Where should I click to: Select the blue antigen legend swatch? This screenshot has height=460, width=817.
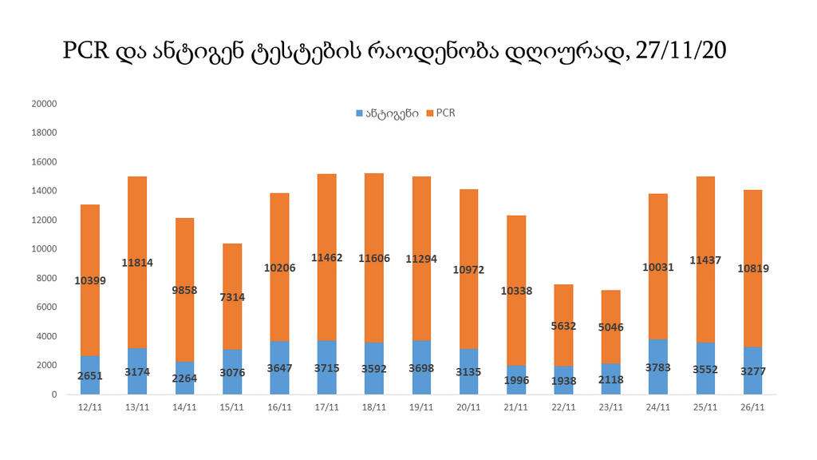359,113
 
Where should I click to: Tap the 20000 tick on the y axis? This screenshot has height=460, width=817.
44,104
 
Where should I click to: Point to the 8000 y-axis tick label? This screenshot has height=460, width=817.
46,278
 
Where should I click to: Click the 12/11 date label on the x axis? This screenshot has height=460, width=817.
90,407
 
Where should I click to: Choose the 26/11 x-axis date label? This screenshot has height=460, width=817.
752,407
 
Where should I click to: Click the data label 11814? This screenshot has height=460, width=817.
137,263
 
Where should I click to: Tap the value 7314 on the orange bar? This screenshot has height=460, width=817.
232,297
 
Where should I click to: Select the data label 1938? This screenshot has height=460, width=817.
563,380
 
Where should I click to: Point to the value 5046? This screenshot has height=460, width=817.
610,327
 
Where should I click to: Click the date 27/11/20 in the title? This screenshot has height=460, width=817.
681,51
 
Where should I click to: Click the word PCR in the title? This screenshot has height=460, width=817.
85,51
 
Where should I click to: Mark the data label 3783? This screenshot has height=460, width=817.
658,368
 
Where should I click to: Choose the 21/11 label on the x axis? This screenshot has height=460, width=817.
516,407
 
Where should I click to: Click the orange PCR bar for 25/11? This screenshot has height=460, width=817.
705,240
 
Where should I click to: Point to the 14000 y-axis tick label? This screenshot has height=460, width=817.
44,191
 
